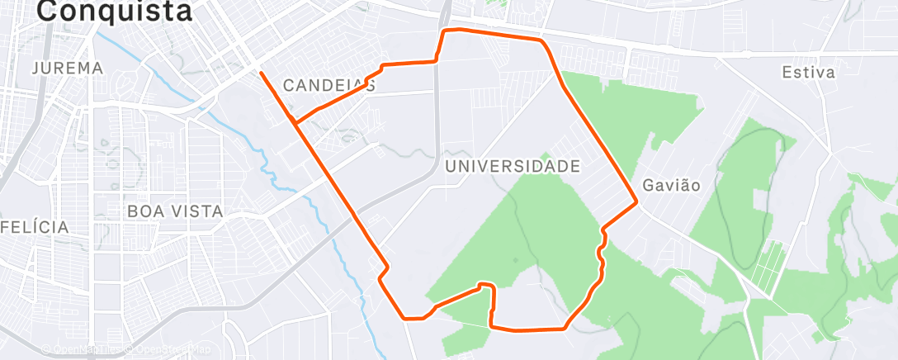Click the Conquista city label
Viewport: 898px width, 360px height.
point(115,11)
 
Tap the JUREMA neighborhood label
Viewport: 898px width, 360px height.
point(68,69)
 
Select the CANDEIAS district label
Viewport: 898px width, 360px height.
point(328,85)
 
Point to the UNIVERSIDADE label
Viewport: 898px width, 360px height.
point(512,166)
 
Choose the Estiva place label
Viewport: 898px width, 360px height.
point(808,73)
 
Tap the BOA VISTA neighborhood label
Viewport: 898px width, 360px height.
point(175,211)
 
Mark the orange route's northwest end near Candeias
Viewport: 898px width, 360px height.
point(261,73)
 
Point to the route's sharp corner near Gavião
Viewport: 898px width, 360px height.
point(636,201)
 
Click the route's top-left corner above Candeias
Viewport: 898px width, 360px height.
point(447,31)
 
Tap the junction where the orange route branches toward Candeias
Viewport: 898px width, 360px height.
point(295,123)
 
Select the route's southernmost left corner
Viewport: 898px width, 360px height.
point(404,317)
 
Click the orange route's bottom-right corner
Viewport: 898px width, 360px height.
point(565,329)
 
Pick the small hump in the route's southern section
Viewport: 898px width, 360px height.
point(486,286)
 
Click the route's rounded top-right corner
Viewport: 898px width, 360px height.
point(542,40)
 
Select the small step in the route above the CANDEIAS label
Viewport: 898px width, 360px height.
point(382,67)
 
